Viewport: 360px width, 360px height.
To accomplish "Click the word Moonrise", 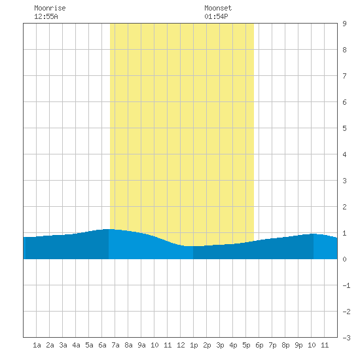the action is click(x=50, y=8).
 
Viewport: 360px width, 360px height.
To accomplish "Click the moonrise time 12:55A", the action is click(x=46, y=16).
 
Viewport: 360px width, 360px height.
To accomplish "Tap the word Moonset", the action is click(x=218, y=8).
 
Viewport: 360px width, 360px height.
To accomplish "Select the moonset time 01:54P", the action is click(x=216, y=16).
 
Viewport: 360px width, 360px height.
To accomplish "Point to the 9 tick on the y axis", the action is click(x=344, y=24).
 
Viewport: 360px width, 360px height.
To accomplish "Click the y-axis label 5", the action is click(x=344, y=128).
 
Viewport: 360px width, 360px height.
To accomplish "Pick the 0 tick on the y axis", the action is click(x=344, y=259).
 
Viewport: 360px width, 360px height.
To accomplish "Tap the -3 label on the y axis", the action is click(x=346, y=338).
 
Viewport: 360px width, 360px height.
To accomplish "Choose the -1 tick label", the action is click(x=346, y=285).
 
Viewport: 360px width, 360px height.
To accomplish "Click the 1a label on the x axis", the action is click(x=37, y=345).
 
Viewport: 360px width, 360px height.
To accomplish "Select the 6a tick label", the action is click(x=102, y=345).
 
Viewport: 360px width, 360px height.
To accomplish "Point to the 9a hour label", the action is click(x=141, y=345).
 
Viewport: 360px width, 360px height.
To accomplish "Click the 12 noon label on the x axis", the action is click(x=181, y=345).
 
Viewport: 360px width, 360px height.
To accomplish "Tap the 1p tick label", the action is click(x=194, y=345).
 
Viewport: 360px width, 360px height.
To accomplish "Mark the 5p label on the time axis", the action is click(x=246, y=345).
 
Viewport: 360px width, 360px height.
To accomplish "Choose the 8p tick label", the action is click(x=285, y=345).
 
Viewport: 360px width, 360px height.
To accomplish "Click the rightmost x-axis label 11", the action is click(x=325, y=345).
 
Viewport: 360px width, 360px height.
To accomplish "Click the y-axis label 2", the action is click(x=344, y=207).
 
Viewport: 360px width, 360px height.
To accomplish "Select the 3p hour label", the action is click(x=220, y=345).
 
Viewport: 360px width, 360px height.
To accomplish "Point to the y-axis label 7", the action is click(x=344, y=76).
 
